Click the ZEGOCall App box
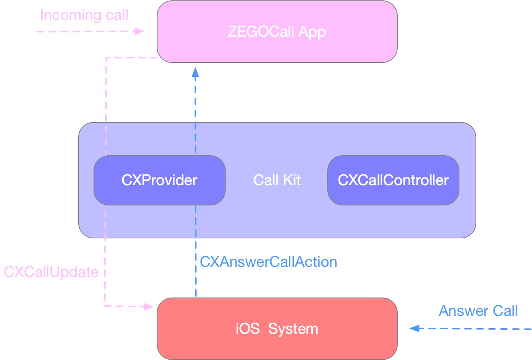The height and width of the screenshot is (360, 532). coord(277,32)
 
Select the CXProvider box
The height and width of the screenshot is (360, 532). coord(159,180)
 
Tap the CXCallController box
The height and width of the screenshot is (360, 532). coord(393,180)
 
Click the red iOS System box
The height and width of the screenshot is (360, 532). coord(277,329)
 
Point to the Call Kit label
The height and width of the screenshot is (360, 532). coord(277,180)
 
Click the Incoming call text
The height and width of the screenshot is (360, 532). coord(84,15)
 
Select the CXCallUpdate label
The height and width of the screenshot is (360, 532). coord(51,272)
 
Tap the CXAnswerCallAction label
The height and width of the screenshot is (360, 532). coord(269,262)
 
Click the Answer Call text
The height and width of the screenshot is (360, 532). coord(478,311)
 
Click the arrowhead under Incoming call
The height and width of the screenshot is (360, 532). coord(140,31)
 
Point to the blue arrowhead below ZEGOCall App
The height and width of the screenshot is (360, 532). coord(195,72)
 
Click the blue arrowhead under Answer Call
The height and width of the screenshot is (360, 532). coord(415,329)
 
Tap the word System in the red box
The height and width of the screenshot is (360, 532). coord(293,329)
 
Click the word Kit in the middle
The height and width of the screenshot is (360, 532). coord(292,180)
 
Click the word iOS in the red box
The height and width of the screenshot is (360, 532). coord(247,329)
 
